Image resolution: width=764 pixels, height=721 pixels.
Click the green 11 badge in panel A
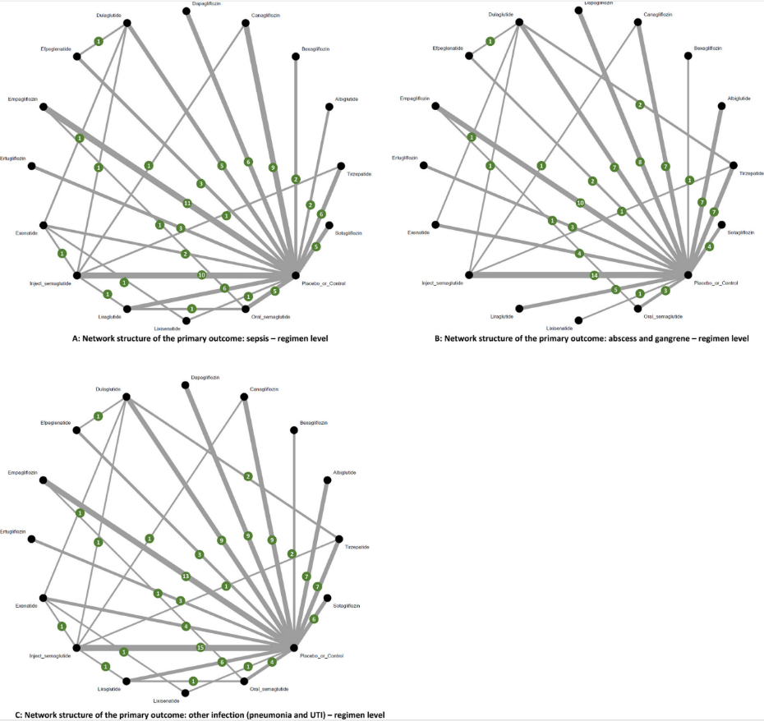pyautogui.click(x=187, y=203)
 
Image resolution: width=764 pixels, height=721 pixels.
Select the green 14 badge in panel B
pyautogui.click(x=594, y=275)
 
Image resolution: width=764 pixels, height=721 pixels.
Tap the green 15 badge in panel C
pyautogui.click(x=200, y=648)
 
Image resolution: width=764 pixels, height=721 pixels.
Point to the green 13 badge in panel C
pyautogui.click(x=186, y=576)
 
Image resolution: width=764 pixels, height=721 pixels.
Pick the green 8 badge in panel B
pyautogui.click(x=640, y=162)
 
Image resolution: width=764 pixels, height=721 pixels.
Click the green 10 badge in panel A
pyautogui.click(x=202, y=275)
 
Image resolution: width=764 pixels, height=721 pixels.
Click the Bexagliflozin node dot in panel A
pyautogui.click(x=295, y=56)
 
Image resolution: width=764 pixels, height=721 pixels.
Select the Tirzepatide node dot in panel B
pyautogui.click(x=734, y=165)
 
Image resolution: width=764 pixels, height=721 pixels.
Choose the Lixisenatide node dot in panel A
pyautogui.click(x=186, y=321)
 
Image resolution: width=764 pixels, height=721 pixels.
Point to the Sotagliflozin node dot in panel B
pyautogui.click(x=721, y=224)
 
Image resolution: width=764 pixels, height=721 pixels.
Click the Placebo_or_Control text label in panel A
pyautogui.click(x=323, y=284)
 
